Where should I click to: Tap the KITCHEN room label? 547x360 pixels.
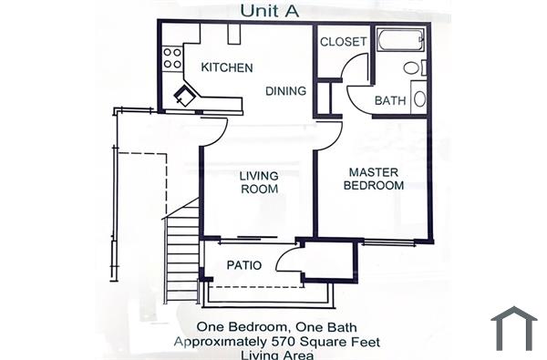pyautogui.click(x=227, y=67)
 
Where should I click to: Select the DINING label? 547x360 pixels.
pyautogui.click(x=285, y=91)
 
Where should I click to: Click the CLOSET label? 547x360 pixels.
pyautogui.click(x=344, y=42)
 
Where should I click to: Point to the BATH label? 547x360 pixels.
pyautogui.click(x=389, y=100)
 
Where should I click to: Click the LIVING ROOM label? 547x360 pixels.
pyautogui.click(x=259, y=182)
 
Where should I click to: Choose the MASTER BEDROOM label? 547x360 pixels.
pyautogui.click(x=374, y=178)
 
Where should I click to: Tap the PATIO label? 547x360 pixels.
pyautogui.click(x=244, y=266)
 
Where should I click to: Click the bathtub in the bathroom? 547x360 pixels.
pyautogui.click(x=400, y=40)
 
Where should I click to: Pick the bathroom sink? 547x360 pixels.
pyautogui.click(x=418, y=98)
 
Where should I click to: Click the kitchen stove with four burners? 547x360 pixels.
pyautogui.click(x=172, y=58)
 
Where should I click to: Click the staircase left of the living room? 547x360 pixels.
pyautogui.click(x=182, y=251)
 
